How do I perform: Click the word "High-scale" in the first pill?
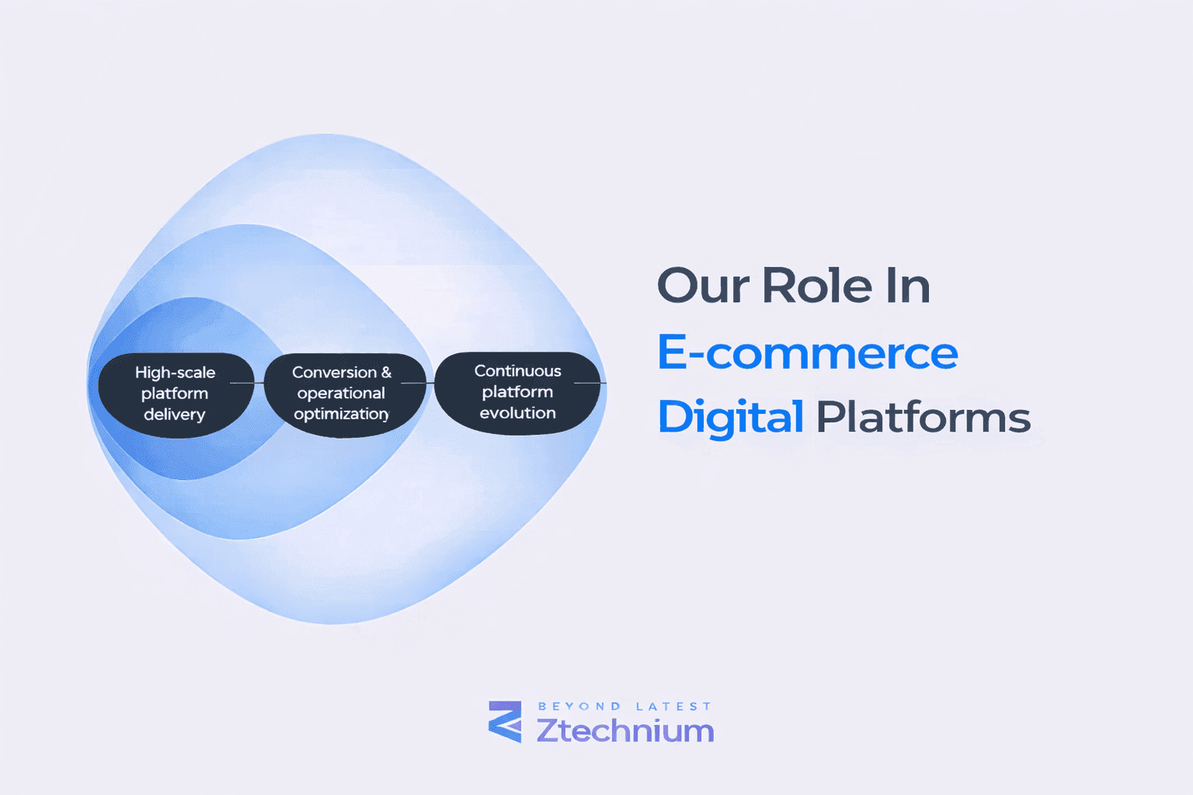(x=175, y=373)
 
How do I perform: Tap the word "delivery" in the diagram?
(x=175, y=415)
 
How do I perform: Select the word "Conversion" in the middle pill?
(x=334, y=373)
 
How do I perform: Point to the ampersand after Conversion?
(x=387, y=373)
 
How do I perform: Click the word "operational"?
(x=341, y=394)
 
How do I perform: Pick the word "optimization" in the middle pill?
(x=341, y=415)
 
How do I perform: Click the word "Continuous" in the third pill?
(x=517, y=371)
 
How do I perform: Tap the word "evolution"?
(x=517, y=413)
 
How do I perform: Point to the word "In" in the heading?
(x=908, y=286)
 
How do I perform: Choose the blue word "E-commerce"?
(x=808, y=353)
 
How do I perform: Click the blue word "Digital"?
(x=730, y=418)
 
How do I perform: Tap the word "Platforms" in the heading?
(x=923, y=418)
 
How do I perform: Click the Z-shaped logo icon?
(x=505, y=722)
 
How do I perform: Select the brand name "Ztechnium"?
(x=625, y=731)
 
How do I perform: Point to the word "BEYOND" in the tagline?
(x=579, y=706)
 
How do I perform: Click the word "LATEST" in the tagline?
(x=673, y=706)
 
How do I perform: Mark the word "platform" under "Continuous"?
(x=517, y=392)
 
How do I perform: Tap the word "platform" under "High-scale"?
(x=175, y=394)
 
